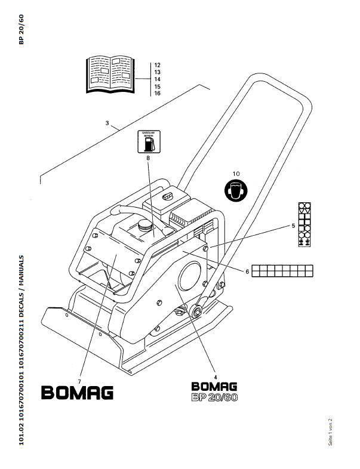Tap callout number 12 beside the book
157,64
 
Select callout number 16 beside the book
157,94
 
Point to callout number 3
107,124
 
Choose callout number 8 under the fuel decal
147,158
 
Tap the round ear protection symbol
236,190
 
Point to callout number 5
293,226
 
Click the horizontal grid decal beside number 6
282,270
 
